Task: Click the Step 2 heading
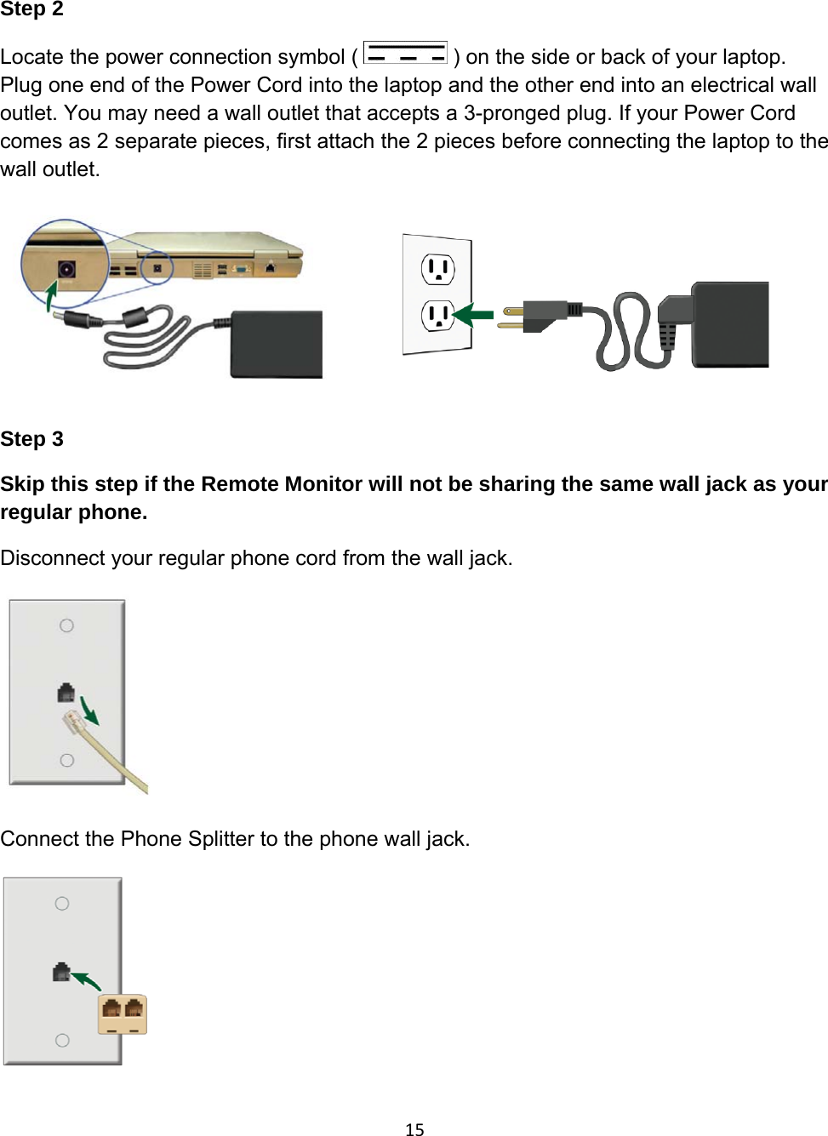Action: coord(31,9)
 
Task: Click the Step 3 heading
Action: coord(31,439)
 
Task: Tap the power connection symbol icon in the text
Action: coord(405,54)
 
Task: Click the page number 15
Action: coord(414,1129)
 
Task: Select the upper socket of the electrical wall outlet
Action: coord(437,270)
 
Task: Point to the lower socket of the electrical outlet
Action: coord(437,316)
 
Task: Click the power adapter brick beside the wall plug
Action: coord(730,324)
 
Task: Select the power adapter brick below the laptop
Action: coord(277,345)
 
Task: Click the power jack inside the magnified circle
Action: coord(66,270)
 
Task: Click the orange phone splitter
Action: coord(123,1013)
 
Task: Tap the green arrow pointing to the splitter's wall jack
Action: coord(86,981)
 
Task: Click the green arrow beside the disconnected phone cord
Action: coord(89,712)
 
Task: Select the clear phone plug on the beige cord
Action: coord(73,723)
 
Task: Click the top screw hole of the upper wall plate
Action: coord(66,625)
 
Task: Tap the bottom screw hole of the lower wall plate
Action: coord(62,1040)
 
